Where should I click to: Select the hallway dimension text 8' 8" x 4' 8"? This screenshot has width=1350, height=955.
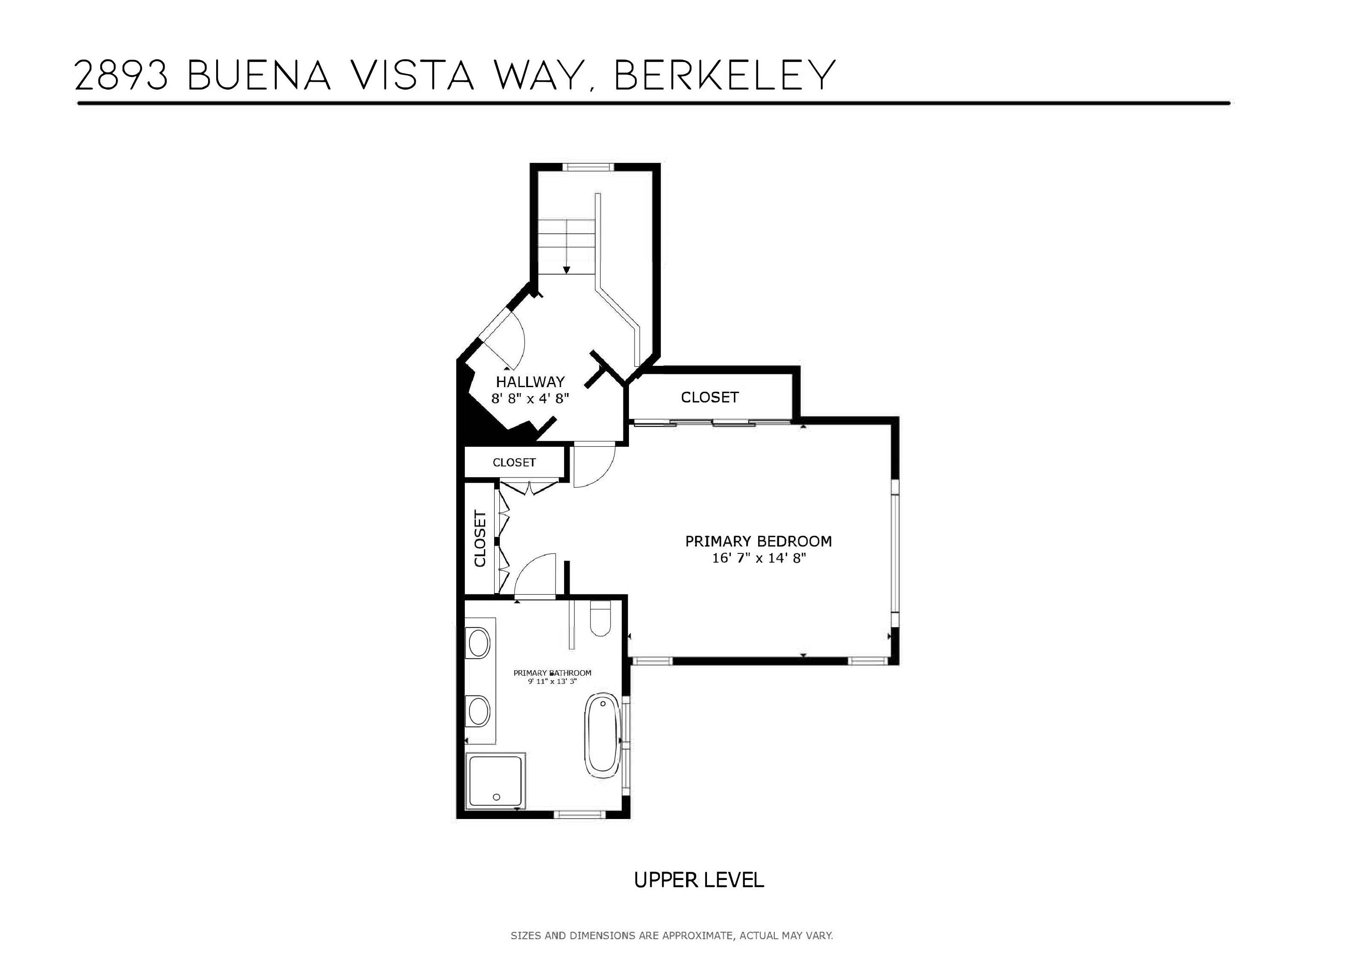[530, 399]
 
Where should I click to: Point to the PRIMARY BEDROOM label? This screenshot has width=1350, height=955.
[759, 541]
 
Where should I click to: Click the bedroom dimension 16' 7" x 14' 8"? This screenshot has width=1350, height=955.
[759, 558]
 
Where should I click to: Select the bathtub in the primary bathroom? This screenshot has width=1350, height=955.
[602, 737]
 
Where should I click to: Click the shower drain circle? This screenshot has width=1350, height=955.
[496, 797]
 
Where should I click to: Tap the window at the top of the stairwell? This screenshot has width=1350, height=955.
[588, 167]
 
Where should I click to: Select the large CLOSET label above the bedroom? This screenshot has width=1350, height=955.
[710, 397]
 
